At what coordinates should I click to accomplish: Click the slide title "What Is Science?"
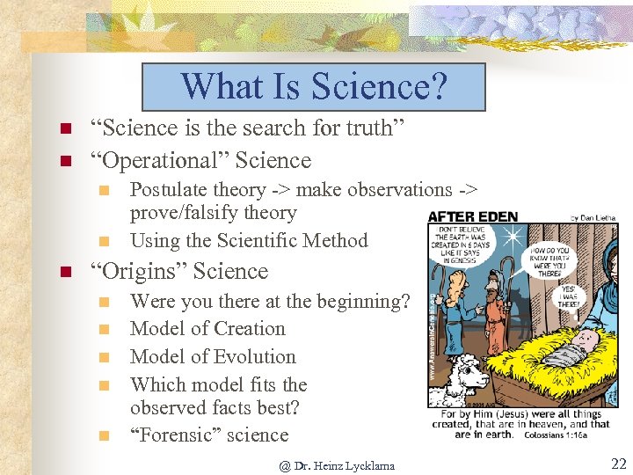(314, 87)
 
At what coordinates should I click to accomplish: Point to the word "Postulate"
(172, 190)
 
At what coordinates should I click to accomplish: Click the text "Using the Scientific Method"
(249, 241)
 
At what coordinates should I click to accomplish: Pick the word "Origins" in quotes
(146, 272)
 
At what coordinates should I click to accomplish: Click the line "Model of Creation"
(207, 329)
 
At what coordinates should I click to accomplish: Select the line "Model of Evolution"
(213, 357)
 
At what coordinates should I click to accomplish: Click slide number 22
(618, 463)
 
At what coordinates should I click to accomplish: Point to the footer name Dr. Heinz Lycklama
(337, 465)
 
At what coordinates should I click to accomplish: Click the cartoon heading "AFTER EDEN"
(473, 216)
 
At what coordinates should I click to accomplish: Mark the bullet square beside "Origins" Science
(64, 272)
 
